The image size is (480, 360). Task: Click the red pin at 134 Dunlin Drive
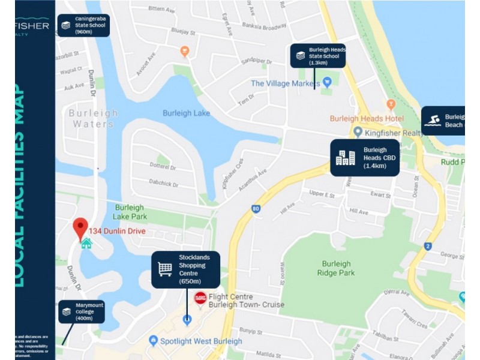80,229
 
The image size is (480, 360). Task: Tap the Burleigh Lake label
186,113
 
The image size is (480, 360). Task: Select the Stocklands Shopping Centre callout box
185,269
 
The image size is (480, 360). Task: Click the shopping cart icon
165,269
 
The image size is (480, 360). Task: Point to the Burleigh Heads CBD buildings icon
345,158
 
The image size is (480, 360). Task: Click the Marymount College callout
82,311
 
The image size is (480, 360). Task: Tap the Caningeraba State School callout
83,25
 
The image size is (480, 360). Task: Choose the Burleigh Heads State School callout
318,55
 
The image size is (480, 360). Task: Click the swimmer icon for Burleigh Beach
432,121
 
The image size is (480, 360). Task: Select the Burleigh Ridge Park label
336,268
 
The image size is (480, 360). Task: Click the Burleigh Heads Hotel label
367,118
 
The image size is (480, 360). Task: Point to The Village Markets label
286,83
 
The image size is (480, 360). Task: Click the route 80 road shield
256,209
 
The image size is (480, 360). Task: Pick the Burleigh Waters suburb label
92,118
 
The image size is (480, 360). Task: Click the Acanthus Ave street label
253,181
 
